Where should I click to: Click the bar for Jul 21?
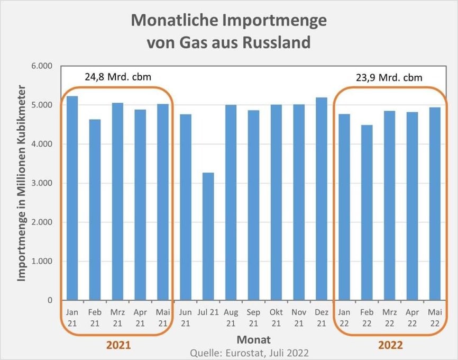pyautogui.click(x=208, y=236)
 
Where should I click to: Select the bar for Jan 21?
pyautogui.click(x=72, y=198)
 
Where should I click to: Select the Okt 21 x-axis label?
pyautogui.click(x=276, y=317)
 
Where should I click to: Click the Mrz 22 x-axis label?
pyautogui.click(x=389, y=317)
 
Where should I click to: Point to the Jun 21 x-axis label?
pyautogui.click(x=185, y=317)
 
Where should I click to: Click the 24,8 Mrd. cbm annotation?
pyautogui.click(x=117, y=76)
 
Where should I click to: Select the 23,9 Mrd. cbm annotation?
pyautogui.click(x=389, y=78)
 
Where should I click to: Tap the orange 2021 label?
pyautogui.click(x=118, y=345)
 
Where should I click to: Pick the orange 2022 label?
pyautogui.click(x=390, y=345)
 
